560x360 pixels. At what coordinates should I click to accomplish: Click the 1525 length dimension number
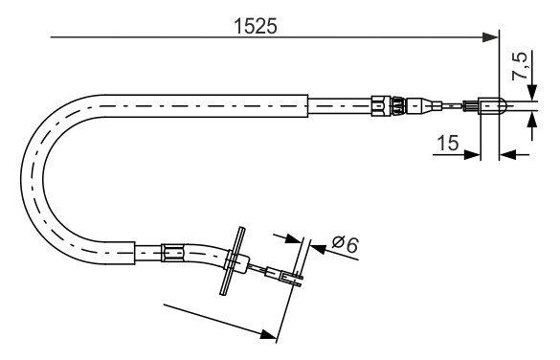pos(255,27)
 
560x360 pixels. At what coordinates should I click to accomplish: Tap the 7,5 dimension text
pos(519,66)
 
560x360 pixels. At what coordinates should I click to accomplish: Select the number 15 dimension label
pos(447,143)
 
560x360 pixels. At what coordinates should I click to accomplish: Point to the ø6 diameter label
pos(345,245)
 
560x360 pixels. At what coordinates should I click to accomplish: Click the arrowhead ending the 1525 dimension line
pos(490,37)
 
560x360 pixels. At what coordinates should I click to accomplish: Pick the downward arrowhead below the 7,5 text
pos(532,92)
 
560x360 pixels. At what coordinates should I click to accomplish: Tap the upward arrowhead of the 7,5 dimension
pos(532,120)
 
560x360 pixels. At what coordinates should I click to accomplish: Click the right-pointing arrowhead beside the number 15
pos(472,155)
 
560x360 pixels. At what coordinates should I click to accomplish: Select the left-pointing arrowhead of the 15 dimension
pos(507,155)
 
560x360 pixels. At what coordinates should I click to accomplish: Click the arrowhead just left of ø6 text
pos(293,238)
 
